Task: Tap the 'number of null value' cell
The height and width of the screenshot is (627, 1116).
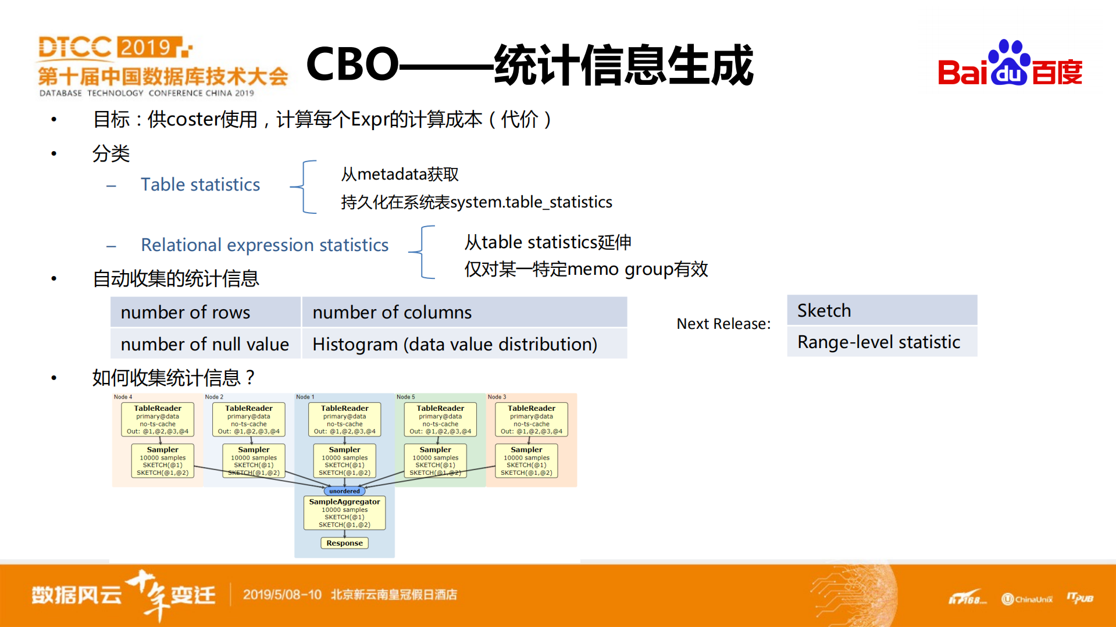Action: coord(205,344)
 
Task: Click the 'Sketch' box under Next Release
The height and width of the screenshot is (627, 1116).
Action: coord(882,310)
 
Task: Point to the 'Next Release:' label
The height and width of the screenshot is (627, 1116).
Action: coord(723,324)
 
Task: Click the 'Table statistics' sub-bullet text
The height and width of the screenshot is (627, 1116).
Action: coord(200,185)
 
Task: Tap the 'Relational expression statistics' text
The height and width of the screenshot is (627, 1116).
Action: coord(265,245)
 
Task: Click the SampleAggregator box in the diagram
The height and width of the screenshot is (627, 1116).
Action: coord(344,513)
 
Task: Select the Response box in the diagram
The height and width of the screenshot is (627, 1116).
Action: coord(344,543)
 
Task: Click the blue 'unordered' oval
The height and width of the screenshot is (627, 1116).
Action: coord(344,491)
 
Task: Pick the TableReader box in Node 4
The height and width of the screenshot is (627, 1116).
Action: coord(158,420)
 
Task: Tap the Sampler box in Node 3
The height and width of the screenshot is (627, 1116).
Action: coord(526,461)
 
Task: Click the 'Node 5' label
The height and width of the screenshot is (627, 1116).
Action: coord(406,397)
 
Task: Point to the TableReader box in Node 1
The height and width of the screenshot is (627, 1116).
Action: coord(344,420)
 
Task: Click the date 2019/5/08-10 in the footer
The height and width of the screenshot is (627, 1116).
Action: coord(282,594)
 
